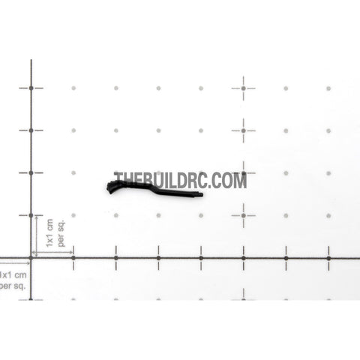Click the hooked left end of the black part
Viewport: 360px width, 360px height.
pos(110,188)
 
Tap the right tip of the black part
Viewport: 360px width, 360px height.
pos(202,194)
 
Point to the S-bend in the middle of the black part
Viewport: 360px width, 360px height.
pos(154,189)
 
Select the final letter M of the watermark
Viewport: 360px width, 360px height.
pos(241,180)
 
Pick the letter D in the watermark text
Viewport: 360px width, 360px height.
pos(183,180)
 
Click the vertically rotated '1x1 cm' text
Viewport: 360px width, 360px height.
pos(49,233)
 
